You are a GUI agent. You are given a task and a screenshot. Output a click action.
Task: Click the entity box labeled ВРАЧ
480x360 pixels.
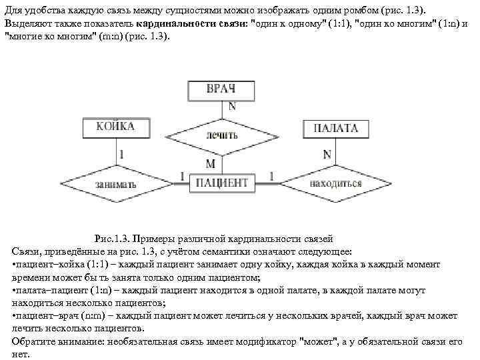click(x=221, y=89)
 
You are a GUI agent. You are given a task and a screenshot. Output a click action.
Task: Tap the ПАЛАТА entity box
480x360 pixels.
click(x=335, y=128)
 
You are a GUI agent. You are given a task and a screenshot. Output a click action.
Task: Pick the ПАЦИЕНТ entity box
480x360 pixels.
click(x=221, y=182)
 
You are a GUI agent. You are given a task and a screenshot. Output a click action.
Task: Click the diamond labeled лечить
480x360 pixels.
click(x=221, y=135)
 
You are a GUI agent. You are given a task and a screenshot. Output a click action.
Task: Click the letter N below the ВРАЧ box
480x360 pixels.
click(x=231, y=106)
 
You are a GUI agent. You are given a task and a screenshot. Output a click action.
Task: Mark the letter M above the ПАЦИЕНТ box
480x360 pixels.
click(x=211, y=163)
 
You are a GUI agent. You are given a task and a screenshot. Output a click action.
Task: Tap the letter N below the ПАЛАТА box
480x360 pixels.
click(x=327, y=154)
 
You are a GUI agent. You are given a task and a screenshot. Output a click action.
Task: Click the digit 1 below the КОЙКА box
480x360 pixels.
click(x=121, y=154)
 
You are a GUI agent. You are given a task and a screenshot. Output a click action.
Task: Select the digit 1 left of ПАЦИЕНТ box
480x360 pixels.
click(x=182, y=175)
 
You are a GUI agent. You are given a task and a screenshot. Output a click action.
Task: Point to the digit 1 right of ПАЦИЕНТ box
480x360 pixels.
click(x=271, y=175)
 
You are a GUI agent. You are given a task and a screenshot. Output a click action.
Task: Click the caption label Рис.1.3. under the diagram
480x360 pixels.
click(x=116, y=239)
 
